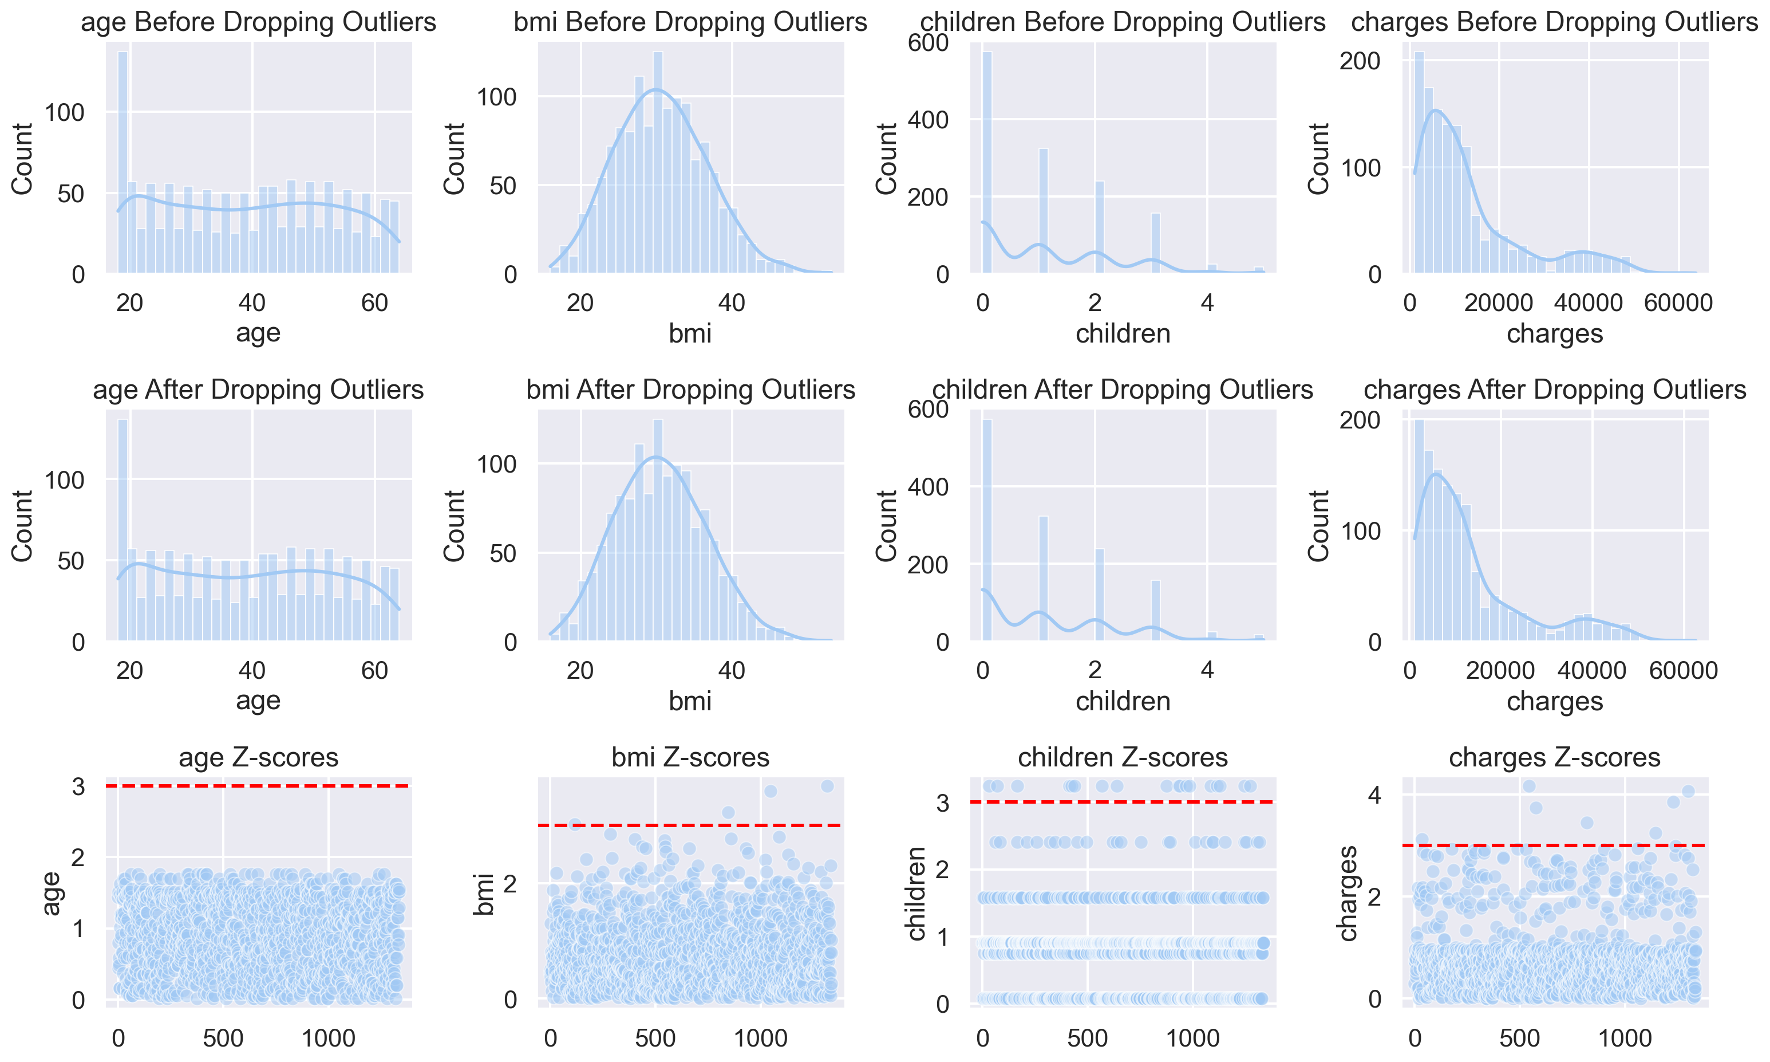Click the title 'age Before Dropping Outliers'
coord(258,22)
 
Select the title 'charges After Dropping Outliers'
coord(1554,390)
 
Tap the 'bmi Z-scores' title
coord(690,757)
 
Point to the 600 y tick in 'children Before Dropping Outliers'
coord(929,43)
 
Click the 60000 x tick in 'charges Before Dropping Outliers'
coord(1678,302)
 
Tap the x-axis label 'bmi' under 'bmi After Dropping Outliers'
coord(690,701)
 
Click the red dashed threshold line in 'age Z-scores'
coord(258,786)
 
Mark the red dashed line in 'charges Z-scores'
coord(1554,845)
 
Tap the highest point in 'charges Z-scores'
coord(1529,786)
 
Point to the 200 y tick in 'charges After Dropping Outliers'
coord(1360,420)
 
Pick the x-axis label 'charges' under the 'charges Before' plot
coord(1554,333)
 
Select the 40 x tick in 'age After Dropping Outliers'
coord(252,671)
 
